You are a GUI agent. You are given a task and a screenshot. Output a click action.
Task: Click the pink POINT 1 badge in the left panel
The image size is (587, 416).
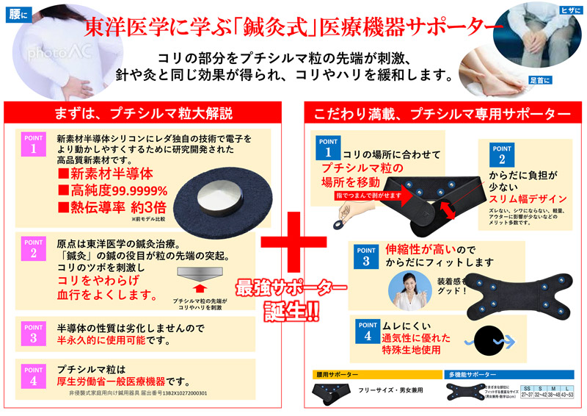tap(34, 145)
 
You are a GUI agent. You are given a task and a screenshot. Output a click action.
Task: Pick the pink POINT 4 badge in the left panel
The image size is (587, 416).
tap(34, 376)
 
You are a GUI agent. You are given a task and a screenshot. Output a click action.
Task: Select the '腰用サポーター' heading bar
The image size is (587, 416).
tap(374, 374)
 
